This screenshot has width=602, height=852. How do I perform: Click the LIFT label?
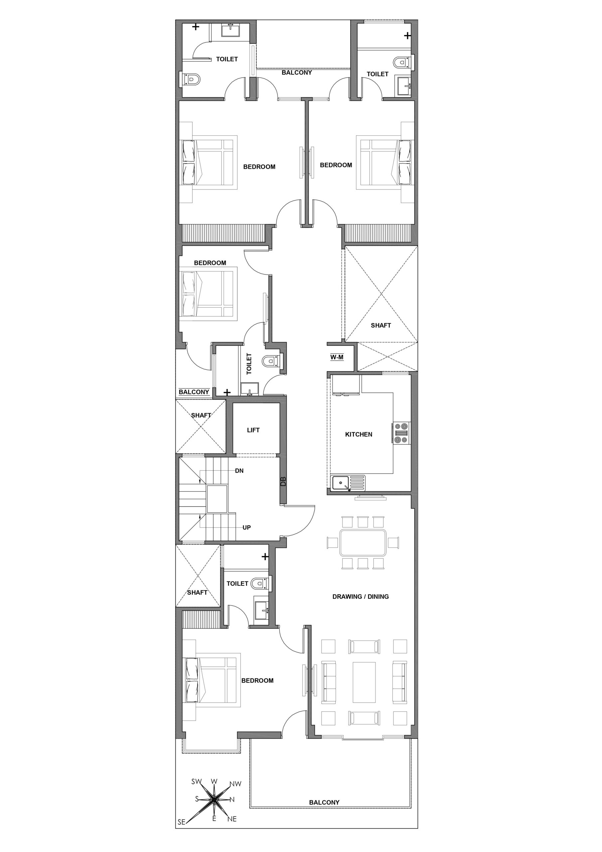click(253, 430)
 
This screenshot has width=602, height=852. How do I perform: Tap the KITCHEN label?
click(359, 434)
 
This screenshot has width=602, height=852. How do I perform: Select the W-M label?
click(337, 357)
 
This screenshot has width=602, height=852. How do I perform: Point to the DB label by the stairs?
click(283, 482)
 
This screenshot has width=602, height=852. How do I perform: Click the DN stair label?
click(239, 471)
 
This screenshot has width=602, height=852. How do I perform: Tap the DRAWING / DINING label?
click(361, 596)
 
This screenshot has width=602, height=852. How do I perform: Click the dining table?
click(363, 543)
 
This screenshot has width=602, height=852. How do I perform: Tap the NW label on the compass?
click(235, 784)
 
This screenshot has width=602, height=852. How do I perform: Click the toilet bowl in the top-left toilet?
click(192, 79)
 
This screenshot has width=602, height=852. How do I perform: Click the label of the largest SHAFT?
click(381, 325)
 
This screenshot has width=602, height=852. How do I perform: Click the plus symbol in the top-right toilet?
click(407, 36)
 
